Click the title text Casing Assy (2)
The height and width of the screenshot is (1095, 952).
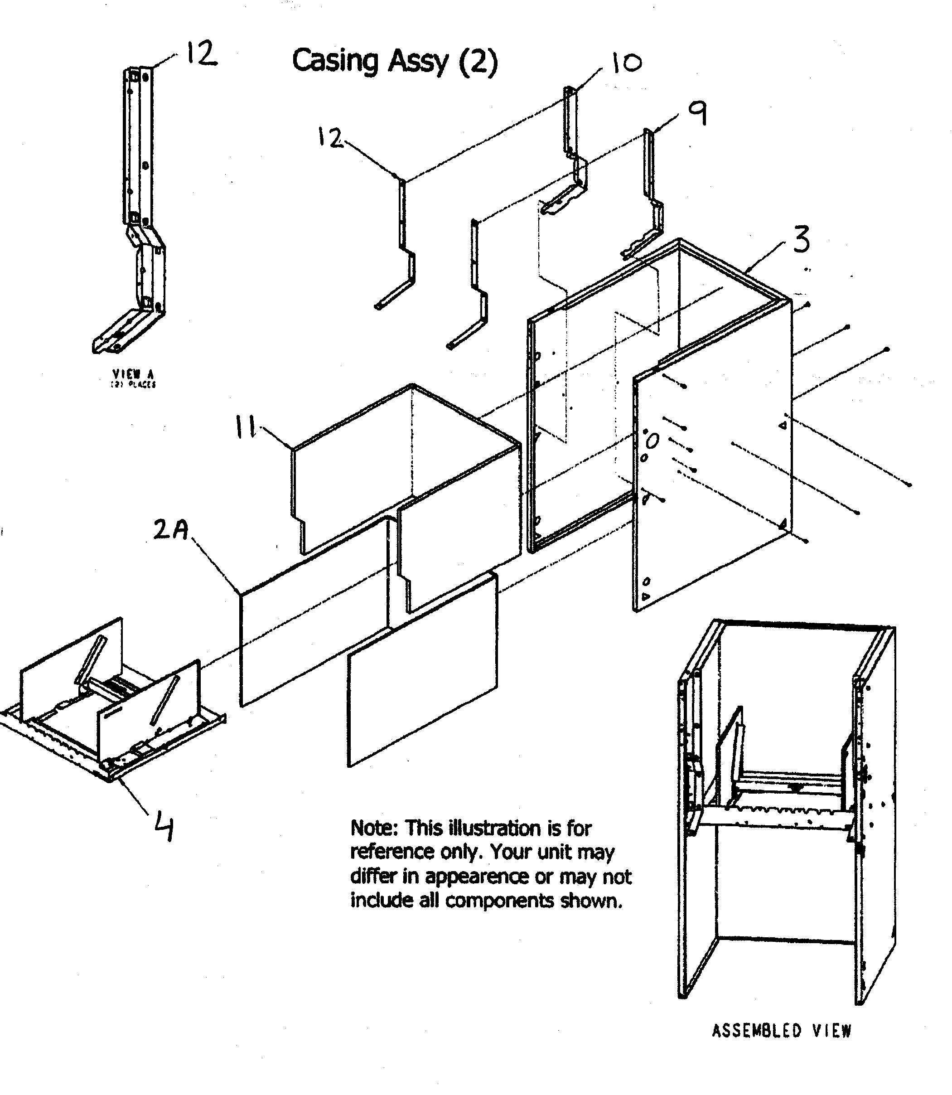pos(395,61)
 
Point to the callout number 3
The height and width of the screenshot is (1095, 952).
pos(802,239)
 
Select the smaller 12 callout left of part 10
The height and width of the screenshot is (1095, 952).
pos(330,138)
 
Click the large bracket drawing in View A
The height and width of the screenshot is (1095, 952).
pos(139,213)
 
